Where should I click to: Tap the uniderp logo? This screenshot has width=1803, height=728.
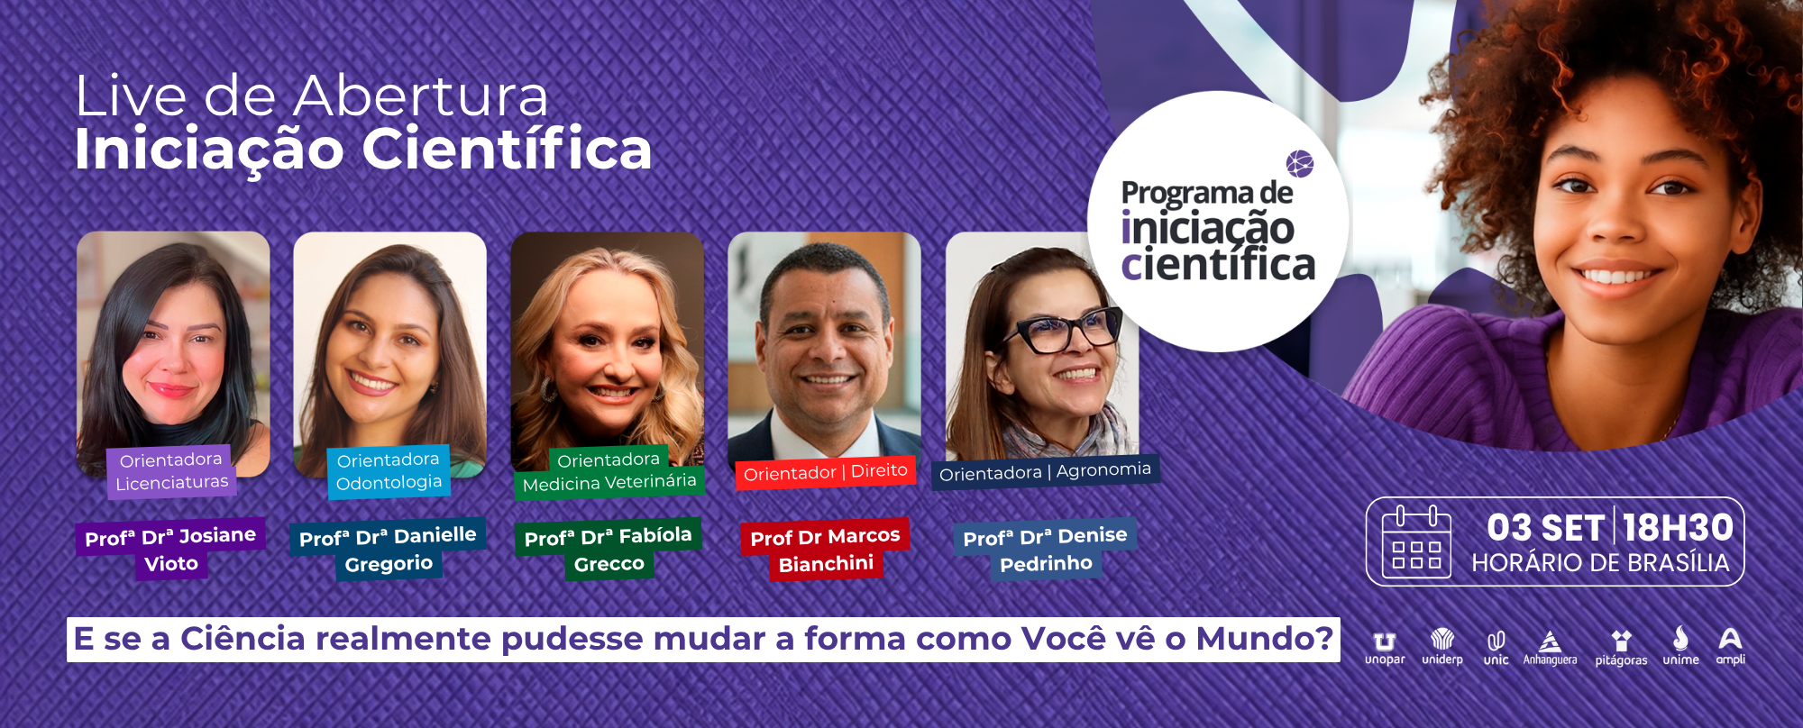pyautogui.click(x=1442, y=647)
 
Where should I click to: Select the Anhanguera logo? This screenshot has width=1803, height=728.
pyautogui.click(x=1550, y=648)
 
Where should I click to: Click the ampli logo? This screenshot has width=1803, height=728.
pyautogui.click(x=1730, y=646)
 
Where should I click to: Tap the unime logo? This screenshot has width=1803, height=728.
pyautogui.click(x=1680, y=646)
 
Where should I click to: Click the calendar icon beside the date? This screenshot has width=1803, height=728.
pyautogui.click(x=1416, y=542)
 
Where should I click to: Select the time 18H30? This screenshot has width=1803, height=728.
pyautogui.click(x=1678, y=527)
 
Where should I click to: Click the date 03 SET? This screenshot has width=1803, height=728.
pyautogui.click(x=1545, y=527)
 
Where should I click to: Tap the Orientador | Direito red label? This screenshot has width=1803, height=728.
pyautogui.click(x=826, y=472)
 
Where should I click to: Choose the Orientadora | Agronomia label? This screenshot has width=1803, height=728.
pyautogui.click(x=1045, y=472)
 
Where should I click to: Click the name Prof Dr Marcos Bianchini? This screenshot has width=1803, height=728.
pyautogui.click(x=825, y=550)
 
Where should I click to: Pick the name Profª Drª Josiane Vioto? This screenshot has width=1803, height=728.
pyautogui.click(x=170, y=550)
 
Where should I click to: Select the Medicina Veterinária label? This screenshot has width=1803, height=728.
pyautogui.click(x=609, y=483)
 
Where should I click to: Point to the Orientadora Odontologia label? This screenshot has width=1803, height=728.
pyautogui.click(x=389, y=471)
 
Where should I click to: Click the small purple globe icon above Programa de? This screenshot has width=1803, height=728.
pyautogui.click(x=1299, y=164)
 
